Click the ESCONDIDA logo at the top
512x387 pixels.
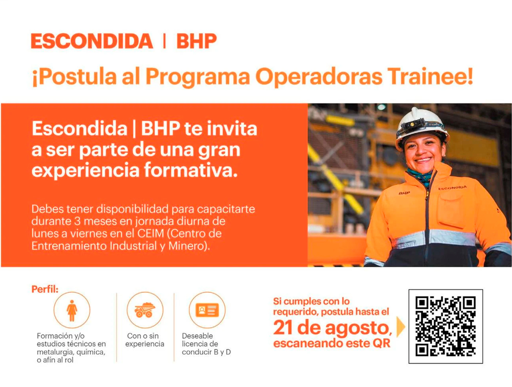92,41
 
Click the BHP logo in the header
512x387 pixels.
197,41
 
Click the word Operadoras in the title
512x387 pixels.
318,77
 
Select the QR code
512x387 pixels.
446,326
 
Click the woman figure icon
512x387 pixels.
72,310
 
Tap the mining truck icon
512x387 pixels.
145,310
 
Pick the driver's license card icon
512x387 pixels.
207,310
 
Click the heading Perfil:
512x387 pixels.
45,289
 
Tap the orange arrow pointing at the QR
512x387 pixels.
401,327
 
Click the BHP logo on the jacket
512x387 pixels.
404,193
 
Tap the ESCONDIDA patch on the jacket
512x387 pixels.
453,188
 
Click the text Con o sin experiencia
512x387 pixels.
145,339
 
